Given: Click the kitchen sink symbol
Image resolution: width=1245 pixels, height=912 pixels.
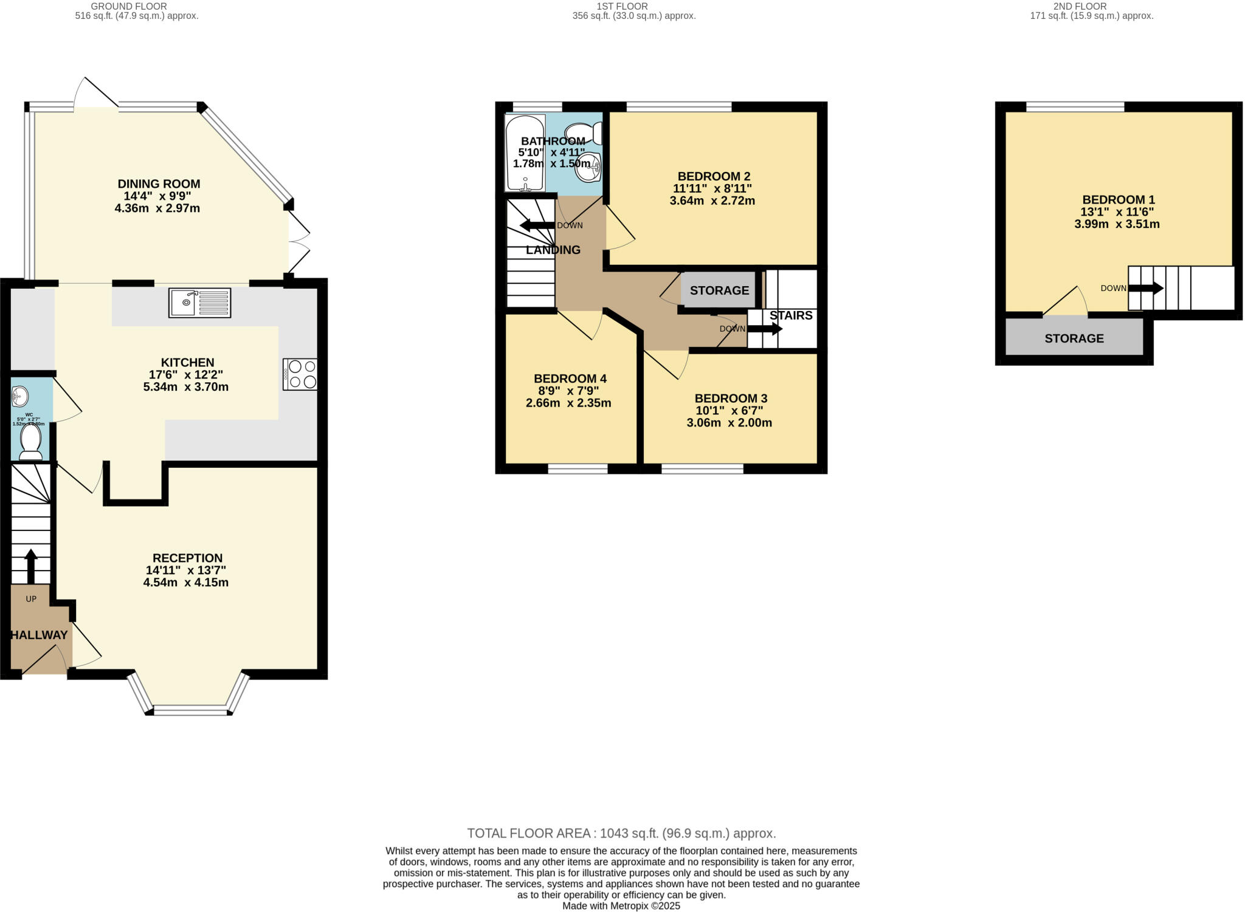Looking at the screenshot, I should (199, 303).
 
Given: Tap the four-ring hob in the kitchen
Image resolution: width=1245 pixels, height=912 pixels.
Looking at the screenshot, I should (300, 374).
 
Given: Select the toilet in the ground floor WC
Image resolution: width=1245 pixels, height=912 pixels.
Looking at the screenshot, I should (30, 441).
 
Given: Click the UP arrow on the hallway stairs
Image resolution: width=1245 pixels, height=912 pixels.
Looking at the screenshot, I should (30, 566).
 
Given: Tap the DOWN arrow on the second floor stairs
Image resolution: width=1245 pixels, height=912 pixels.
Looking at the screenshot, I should (1146, 288).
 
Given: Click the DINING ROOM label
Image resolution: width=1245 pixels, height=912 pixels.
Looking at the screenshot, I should (159, 183).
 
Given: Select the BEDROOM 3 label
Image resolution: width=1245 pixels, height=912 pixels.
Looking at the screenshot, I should (731, 399).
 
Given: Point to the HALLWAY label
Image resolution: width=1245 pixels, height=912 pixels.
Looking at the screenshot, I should (40, 635).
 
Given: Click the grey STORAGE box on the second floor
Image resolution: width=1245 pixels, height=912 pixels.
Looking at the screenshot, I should (1074, 338).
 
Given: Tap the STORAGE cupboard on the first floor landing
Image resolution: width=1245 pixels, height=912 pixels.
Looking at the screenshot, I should (719, 290).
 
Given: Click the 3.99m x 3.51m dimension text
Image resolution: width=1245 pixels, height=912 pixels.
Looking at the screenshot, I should (1117, 224).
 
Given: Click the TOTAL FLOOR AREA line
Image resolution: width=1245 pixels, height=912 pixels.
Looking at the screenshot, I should (621, 833).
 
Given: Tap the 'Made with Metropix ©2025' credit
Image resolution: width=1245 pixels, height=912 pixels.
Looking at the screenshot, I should (621, 906).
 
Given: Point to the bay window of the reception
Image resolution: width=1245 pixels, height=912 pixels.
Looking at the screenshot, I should (189, 710).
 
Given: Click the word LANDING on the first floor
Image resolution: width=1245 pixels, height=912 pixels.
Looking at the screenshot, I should (553, 250).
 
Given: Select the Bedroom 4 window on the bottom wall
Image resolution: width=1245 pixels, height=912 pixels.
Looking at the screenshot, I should (578, 468).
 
